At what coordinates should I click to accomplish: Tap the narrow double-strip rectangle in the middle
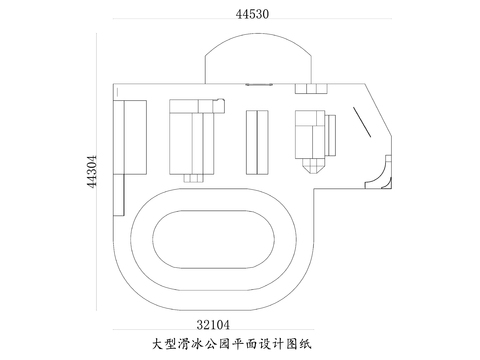[257, 141]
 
